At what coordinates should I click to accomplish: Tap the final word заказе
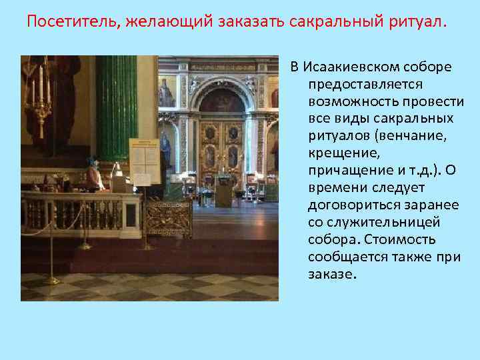point(333,274)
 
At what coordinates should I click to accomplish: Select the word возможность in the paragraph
point(351,101)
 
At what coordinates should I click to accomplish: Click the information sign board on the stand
point(143,160)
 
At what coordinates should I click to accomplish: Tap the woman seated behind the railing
point(93,177)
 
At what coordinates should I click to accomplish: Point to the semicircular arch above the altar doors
point(223,93)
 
